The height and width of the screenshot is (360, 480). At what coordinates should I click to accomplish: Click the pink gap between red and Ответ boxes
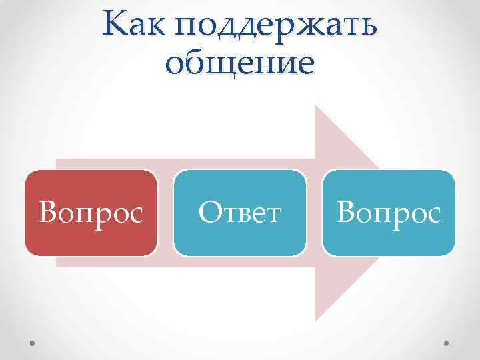(x=166, y=213)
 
